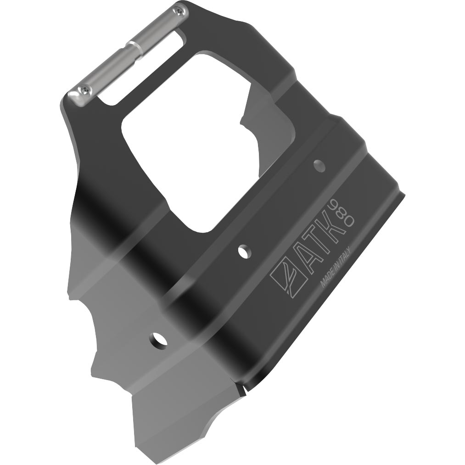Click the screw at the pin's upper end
(x=180, y=11)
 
